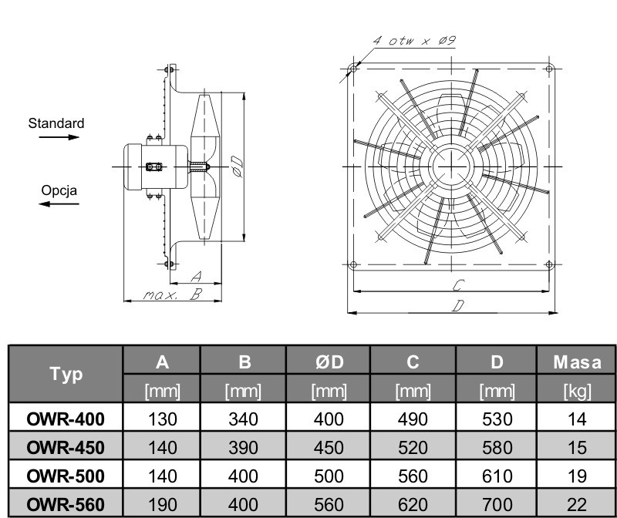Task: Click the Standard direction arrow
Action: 59,137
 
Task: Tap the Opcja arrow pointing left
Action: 59,203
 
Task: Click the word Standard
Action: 56,123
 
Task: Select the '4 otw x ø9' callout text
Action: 414,41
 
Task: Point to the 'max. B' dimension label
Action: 172,294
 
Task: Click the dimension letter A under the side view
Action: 196,277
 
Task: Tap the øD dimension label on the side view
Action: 237,166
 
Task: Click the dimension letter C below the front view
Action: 458,284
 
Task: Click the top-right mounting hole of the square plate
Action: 549,69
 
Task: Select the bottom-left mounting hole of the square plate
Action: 353,264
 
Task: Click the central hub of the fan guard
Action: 451,166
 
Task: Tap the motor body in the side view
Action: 156,166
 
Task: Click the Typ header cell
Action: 66,374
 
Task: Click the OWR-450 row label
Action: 66,448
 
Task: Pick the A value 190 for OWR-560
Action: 162,505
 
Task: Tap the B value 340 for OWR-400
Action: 243,419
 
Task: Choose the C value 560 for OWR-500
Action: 413,476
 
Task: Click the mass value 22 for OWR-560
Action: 577,505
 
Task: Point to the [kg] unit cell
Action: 577,391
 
